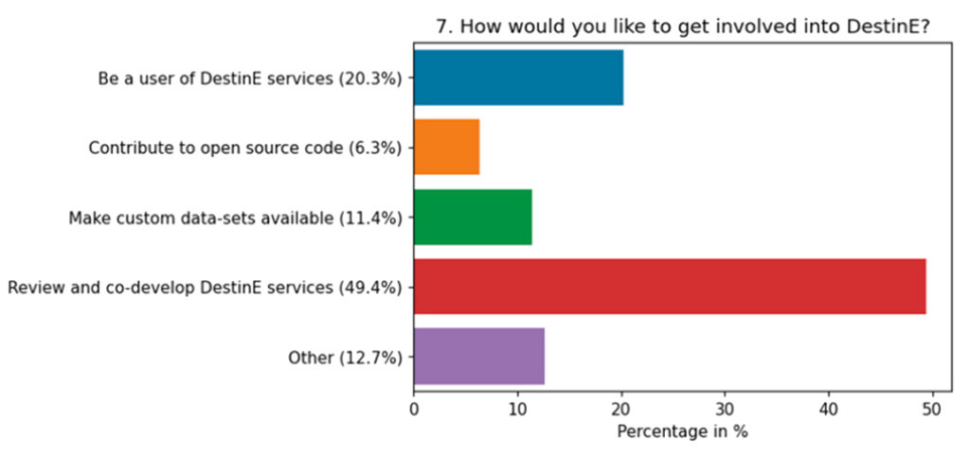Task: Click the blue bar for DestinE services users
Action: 518,78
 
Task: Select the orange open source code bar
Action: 446,147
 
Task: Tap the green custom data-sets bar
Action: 473,217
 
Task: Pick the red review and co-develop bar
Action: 669,286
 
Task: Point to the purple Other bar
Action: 478,356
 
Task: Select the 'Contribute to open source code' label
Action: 246,148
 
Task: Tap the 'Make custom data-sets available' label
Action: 237,218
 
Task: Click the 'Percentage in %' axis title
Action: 683,431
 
